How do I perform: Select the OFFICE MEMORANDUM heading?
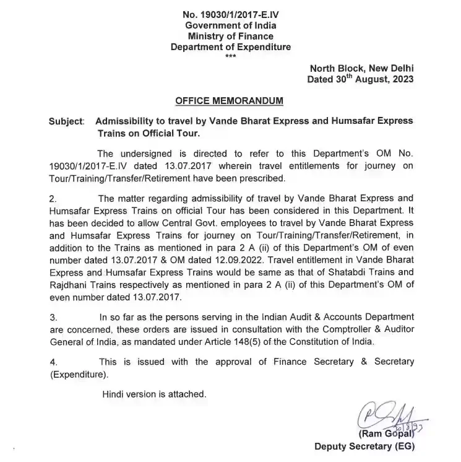pyautogui.click(x=231, y=100)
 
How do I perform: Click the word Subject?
pyautogui.click(x=66, y=121)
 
